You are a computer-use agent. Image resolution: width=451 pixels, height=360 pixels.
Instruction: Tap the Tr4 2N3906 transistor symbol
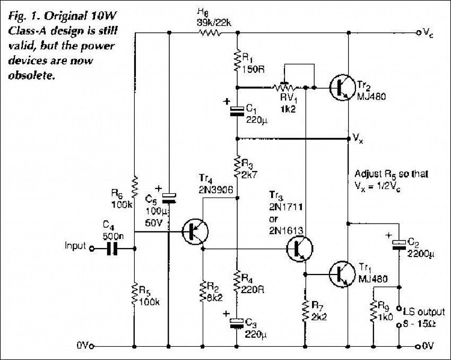[x=195, y=232]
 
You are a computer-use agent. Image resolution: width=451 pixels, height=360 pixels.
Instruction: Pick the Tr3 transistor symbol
[x=299, y=248]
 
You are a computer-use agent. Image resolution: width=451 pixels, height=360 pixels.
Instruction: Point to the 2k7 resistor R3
[x=237, y=168]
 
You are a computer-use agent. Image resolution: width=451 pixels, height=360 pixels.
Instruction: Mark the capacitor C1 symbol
[x=237, y=110]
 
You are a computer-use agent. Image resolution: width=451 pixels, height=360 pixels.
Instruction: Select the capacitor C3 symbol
[x=237, y=322]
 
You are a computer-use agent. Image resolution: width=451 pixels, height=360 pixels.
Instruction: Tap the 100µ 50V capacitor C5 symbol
[x=169, y=198]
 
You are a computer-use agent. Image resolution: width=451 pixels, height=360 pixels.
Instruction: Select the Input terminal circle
[x=91, y=248]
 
